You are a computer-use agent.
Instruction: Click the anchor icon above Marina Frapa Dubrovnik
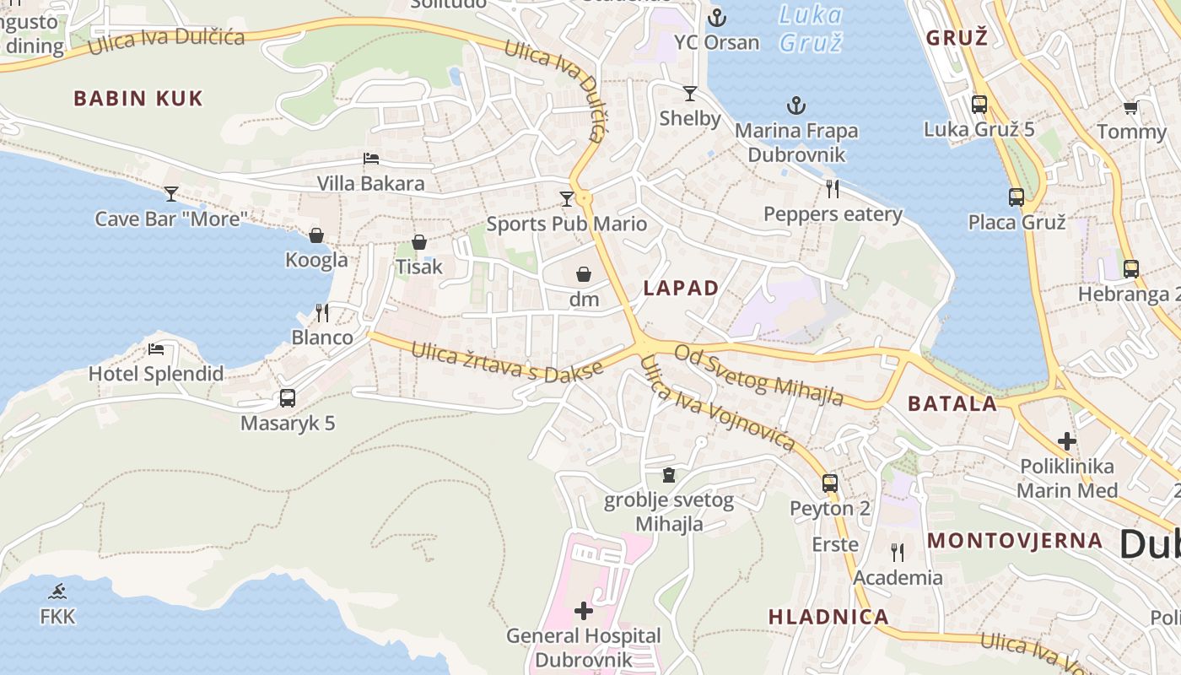point(796,105)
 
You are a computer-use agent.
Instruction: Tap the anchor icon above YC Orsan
point(717,17)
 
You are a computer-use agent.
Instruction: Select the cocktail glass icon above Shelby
point(690,93)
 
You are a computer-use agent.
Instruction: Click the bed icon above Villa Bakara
point(371,158)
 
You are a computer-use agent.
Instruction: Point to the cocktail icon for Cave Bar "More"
point(171,194)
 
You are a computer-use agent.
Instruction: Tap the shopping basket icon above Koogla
point(316,235)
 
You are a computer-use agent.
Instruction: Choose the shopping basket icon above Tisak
point(419,242)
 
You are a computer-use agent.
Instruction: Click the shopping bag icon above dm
point(584,274)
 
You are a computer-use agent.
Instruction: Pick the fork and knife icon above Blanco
point(322,313)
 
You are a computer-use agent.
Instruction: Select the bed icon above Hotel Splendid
point(156,348)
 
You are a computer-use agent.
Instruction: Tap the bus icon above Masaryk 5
point(288,397)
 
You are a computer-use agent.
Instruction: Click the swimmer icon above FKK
point(57,591)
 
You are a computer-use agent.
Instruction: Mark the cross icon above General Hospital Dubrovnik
point(584,610)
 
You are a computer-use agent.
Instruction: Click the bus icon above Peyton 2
point(830,483)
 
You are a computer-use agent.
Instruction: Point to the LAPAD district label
point(681,288)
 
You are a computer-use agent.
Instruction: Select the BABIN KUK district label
point(138,98)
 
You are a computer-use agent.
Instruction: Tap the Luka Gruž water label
point(810,28)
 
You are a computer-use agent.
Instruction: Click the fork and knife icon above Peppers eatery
point(833,188)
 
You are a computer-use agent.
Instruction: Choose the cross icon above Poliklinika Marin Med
point(1067,440)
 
